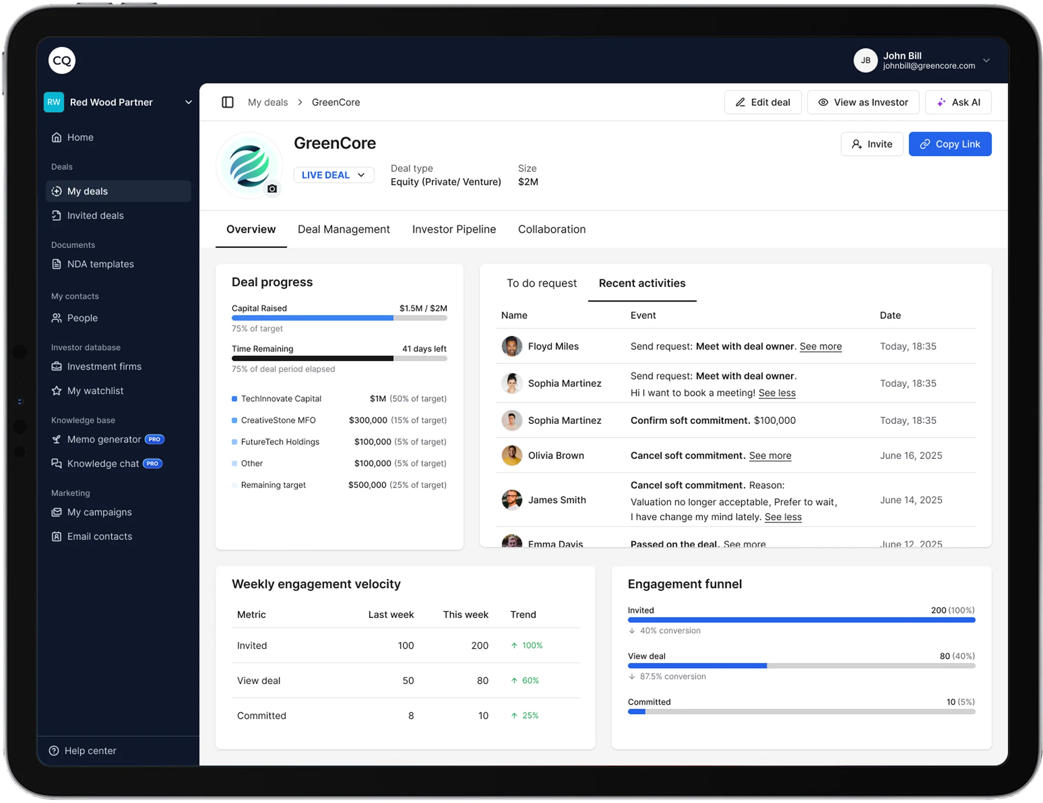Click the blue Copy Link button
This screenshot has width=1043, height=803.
949,144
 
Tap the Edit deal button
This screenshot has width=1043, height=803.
762,102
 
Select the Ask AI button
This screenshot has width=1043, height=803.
958,102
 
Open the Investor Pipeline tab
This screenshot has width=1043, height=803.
453,229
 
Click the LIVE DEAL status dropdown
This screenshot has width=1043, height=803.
334,175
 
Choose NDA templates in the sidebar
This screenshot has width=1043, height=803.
100,264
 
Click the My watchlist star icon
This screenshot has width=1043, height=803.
57,391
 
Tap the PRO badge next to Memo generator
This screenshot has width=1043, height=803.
154,439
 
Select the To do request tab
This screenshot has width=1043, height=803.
541,283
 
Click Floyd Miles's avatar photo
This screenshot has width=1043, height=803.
511,346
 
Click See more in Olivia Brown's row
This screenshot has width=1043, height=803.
770,456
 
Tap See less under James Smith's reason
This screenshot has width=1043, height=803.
783,517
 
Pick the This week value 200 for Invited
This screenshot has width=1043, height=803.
479,646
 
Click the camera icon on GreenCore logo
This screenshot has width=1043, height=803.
272,189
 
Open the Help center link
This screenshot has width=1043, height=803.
90,751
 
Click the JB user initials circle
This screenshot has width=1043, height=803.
865,61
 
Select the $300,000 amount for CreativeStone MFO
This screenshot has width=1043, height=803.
368,420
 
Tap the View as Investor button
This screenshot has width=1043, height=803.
863,102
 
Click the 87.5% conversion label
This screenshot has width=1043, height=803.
672,677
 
